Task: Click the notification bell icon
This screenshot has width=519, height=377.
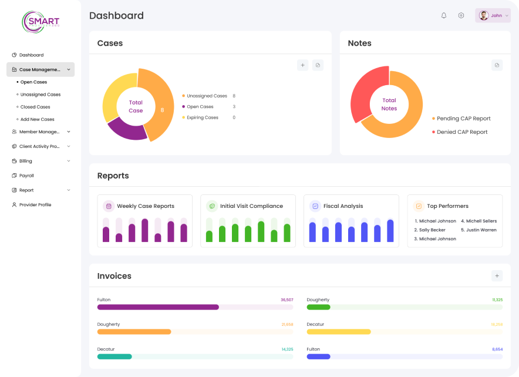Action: [x=444, y=16]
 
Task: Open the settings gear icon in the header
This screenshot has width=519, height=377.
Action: [x=461, y=16]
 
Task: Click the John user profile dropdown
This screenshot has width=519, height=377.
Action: [x=493, y=16]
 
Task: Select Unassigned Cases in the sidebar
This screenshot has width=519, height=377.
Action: [x=40, y=95]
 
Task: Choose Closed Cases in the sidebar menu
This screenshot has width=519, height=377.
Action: [x=35, y=107]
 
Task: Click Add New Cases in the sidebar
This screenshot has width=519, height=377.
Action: [x=37, y=119]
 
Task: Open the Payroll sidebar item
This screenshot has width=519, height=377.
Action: [x=26, y=176]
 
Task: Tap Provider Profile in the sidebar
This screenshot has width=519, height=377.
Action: [x=35, y=205]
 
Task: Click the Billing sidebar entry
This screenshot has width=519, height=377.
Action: [x=25, y=161]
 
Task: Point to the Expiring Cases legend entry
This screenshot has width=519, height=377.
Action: [x=202, y=117]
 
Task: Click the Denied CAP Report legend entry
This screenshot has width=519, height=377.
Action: [x=461, y=132]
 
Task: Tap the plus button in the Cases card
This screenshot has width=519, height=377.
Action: [x=303, y=65]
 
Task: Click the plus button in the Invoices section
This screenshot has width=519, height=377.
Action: [x=497, y=275]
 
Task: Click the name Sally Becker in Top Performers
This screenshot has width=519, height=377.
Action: [x=432, y=230]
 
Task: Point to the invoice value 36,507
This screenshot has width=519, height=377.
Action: [x=287, y=300]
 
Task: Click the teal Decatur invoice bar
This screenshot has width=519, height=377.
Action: [x=114, y=356]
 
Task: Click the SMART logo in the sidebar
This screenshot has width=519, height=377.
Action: [x=41, y=22]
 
